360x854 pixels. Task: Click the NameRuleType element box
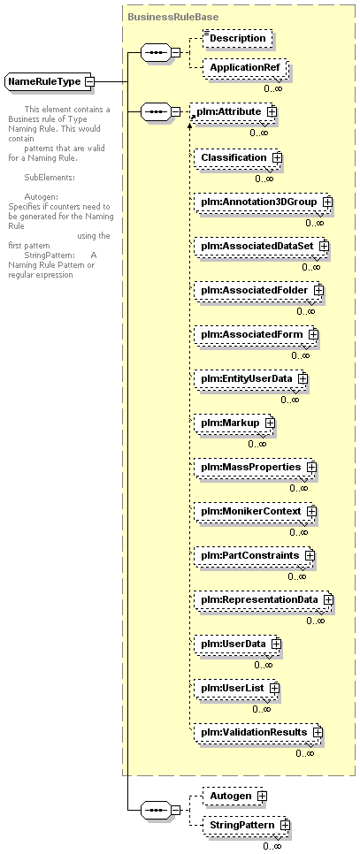tap(50, 81)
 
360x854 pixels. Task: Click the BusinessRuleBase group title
tap(172, 17)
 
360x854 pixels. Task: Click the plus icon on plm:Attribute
tap(272, 111)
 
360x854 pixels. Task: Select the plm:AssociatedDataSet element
tap(263, 246)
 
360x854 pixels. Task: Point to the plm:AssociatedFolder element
tap(259, 290)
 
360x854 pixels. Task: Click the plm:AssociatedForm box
tap(257, 334)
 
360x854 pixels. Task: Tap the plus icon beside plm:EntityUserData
tap(303, 378)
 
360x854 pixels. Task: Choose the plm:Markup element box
tap(235, 422)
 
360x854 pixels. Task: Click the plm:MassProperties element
tap(256, 468)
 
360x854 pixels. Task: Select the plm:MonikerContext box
tap(256, 511)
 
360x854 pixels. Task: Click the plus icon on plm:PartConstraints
tap(310, 555)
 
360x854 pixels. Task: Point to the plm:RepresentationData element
tap(264, 599)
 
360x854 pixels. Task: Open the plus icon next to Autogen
tap(263, 796)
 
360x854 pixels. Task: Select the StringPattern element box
tap(247, 825)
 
